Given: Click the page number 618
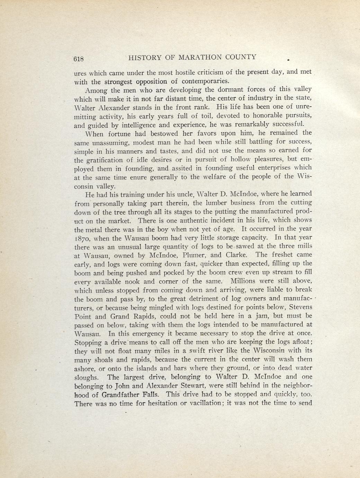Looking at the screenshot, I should (79, 59).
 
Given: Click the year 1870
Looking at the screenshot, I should (82, 238).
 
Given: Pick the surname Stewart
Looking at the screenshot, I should (191, 385).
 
